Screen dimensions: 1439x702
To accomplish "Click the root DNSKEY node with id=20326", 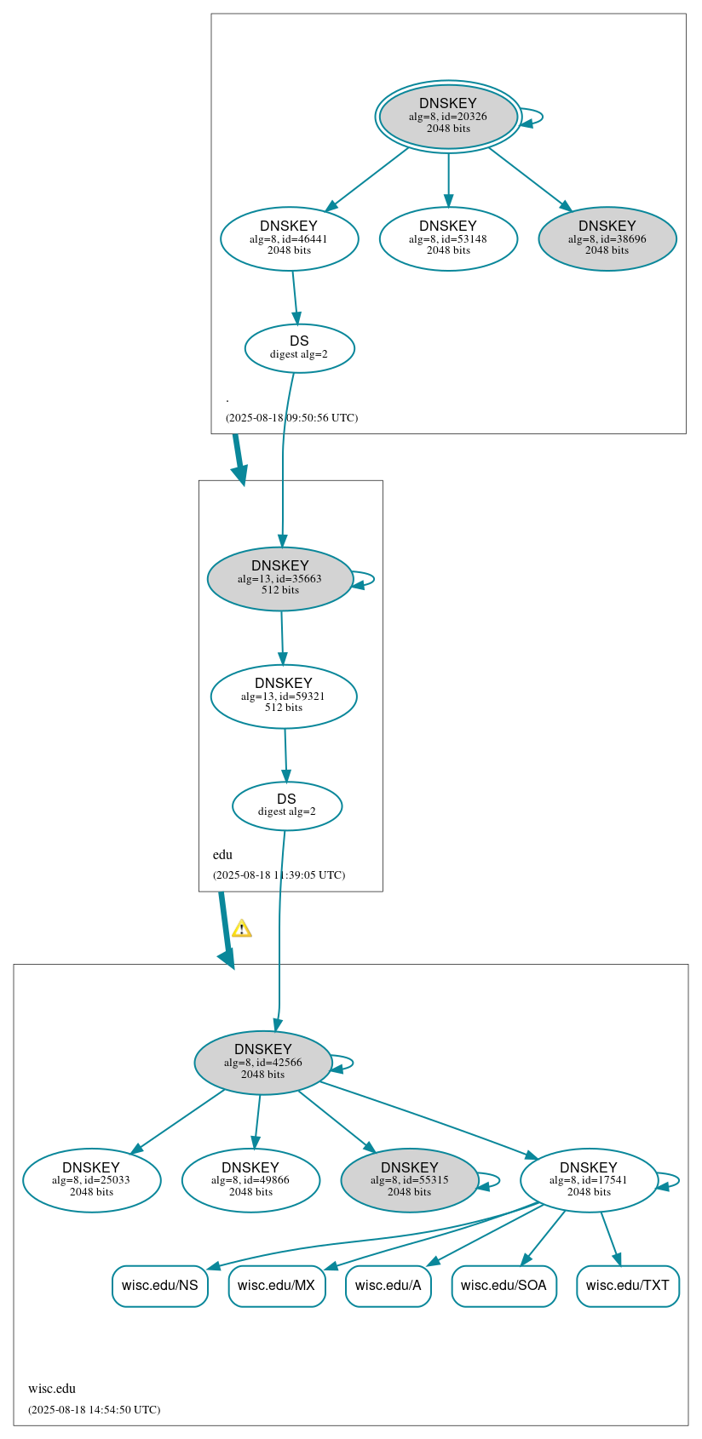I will click(448, 117).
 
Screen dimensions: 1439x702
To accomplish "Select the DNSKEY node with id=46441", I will click(289, 239).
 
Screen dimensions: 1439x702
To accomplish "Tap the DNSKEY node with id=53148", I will click(448, 239).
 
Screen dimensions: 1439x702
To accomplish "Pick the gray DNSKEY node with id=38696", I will click(607, 239).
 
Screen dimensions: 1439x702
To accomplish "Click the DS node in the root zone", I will click(299, 348).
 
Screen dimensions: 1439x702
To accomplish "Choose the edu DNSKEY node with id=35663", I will click(280, 579).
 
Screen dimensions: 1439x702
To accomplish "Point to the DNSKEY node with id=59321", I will click(284, 697).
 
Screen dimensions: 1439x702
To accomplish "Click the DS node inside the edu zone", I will click(287, 805).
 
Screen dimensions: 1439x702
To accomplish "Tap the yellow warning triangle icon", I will click(242, 929).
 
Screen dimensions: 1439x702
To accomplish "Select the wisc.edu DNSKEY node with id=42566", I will click(263, 1063).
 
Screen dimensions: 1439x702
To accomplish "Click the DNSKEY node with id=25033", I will click(91, 1180).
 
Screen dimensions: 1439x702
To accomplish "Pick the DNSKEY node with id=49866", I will click(250, 1180).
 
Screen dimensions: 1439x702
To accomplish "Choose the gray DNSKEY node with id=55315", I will click(410, 1180).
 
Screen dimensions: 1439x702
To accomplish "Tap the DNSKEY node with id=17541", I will click(589, 1180).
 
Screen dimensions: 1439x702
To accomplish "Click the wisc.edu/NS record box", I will click(159, 1286).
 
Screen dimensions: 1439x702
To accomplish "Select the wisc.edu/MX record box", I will click(276, 1286).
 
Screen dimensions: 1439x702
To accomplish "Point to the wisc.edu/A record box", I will click(388, 1286).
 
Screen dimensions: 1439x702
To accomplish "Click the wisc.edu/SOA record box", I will click(503, 1286).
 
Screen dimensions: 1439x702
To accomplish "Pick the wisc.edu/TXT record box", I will click(627, 1286).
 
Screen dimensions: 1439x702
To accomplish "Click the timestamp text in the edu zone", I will click(279, 875).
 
